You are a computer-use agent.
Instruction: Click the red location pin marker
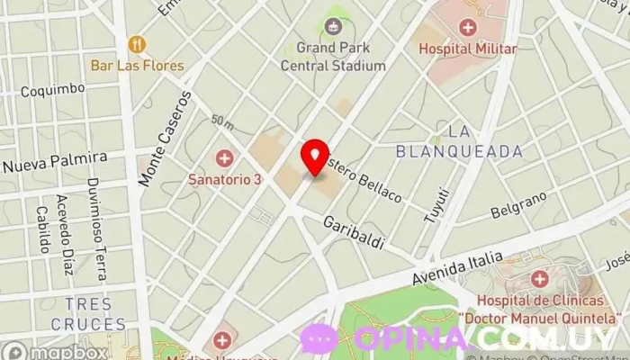tap(314, 157)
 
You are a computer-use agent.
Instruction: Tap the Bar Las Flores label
tap(137, 66)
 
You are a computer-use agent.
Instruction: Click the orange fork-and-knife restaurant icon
tap(137, 43)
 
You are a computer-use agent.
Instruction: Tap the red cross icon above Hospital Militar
tap(467, 27)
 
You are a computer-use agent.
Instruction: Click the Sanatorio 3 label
tap(224, 179)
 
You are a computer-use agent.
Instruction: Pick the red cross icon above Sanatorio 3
tap(224, 158)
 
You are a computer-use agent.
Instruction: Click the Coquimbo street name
tap(52, 90)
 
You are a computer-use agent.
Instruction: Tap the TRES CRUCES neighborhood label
tap(87, 314)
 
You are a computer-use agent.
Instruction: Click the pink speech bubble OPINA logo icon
tap(319, 339)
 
